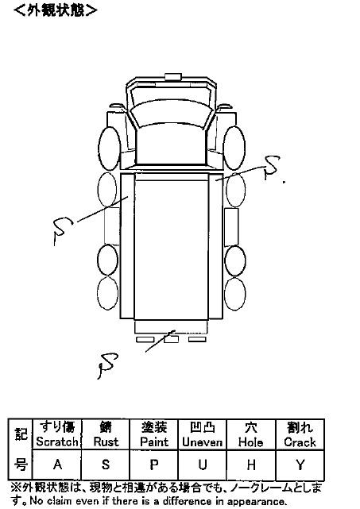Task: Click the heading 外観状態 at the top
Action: coord(56,10)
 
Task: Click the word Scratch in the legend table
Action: coord(57,442)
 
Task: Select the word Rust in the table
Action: coord(106,442)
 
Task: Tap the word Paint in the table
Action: coord(154,442)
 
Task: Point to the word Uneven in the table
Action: coord(202,442)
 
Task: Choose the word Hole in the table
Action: coord(250,442)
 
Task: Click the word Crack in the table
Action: coord(300,442)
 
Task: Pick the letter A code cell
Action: coord(57,465)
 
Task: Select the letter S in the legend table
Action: coord(106,465)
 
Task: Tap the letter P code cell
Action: coord(154,465)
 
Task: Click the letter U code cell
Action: coord(203,465)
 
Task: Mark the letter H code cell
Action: coord(251,465)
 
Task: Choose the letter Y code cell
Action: coord(300,465)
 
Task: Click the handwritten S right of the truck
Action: coord(271,168)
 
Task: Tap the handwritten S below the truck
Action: coord(107,365)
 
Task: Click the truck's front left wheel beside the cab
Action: coord(109,148)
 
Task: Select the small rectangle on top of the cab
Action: coord(173,76)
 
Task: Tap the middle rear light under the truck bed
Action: coord(171,340)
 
